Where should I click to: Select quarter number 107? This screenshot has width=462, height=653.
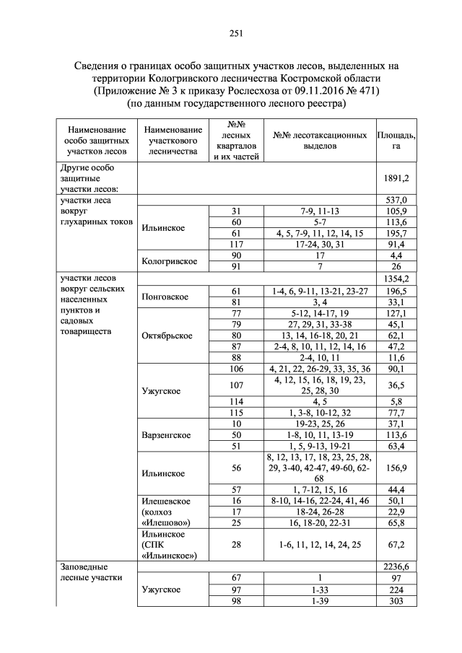(x=235, y=385)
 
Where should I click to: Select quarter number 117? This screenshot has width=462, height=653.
(x=235, y=245)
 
